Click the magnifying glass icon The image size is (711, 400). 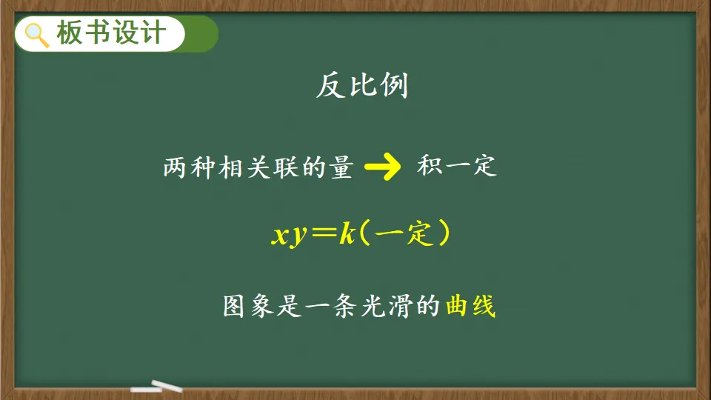37,35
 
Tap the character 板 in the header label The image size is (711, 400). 69,33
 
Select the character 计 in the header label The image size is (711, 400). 153,33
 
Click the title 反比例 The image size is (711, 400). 362,85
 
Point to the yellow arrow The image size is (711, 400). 383,167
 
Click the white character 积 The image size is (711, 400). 430,166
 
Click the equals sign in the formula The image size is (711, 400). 325,233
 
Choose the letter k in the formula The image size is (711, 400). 348,234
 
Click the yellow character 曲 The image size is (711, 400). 457,306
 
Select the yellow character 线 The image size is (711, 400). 484,306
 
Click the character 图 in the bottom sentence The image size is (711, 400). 234,306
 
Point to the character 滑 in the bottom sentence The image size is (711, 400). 400,306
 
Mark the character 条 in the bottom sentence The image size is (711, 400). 344,306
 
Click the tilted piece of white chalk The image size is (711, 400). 167,385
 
